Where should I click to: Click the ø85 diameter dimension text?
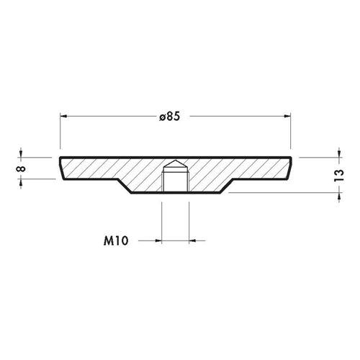(x=169, y=117)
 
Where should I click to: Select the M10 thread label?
(x=116, y=240)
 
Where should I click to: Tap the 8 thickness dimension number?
(x=21, y=168)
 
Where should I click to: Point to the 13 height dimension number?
(x=339, y=176)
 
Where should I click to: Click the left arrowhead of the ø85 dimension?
(x=63, y=116)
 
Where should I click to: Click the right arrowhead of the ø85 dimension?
(x=287, y=116)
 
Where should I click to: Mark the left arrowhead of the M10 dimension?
(x=158, y=240)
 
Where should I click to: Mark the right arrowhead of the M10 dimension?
(x=192, y=240)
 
